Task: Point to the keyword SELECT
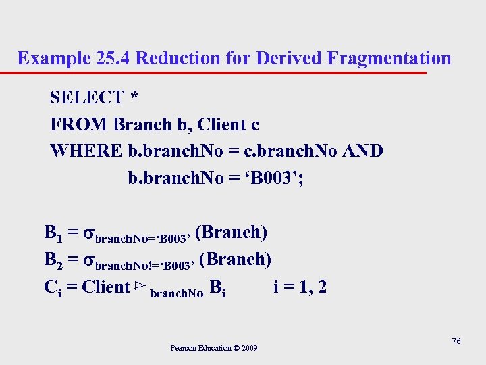[86, 97]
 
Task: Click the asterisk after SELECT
[134, 98]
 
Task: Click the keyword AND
[362, 151]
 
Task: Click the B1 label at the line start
[54, 234]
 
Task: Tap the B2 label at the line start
[54, 261]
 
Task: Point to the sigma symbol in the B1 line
[88, 235]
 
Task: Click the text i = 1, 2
[300, 287]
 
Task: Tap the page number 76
[456, 341]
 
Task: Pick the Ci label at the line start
[53, 288]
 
